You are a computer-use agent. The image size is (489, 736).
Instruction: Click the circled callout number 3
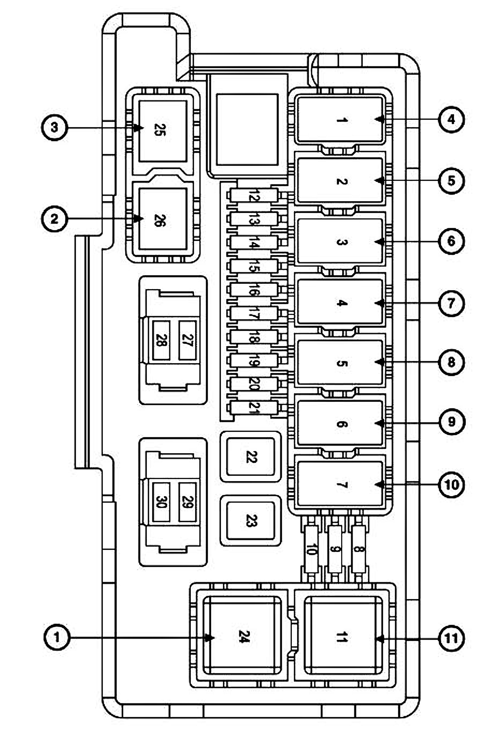pyautogui.click(x=54, y=128)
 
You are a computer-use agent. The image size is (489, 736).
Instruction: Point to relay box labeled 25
pyautogui.click(x=162, y=131)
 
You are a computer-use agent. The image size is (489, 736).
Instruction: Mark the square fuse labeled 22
pyautogui.click(x=251, y=457)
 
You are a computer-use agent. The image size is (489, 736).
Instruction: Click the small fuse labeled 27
pyautogui.click(x=187, y=340)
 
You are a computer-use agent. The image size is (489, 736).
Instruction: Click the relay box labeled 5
pyautogui.click(x=340, y=363)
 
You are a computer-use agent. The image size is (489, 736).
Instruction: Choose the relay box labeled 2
pyautogui.click(x=340, y=181)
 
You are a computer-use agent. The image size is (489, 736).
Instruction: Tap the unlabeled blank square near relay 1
pyautogui.click(x=247, y=129)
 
